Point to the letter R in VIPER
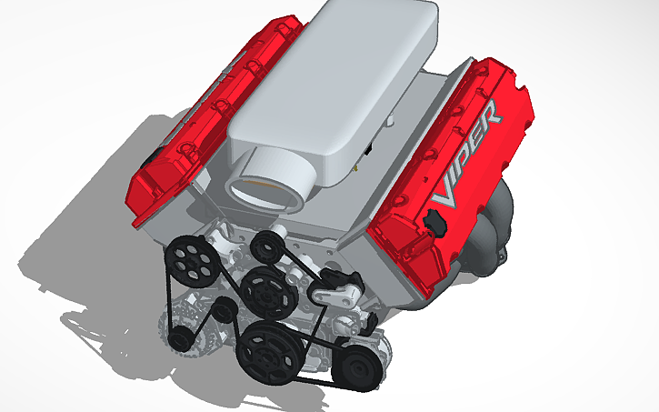pyautogui.click(x=490, y=116)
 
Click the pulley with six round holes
pyautogui.click(x=192, y=257)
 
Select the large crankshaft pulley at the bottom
pyautogui.click(x=268, y=355)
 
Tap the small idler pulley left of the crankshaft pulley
pyautogui.click(x=222, y=315)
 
